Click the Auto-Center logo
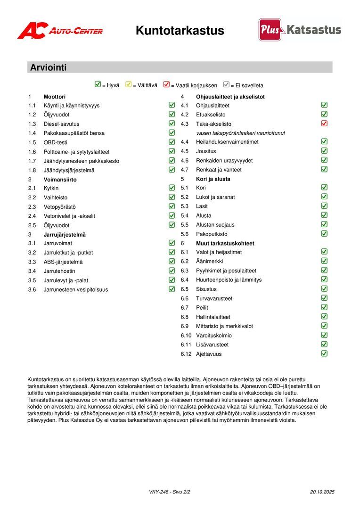coord(60,31)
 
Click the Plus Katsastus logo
coord(299,30)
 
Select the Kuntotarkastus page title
coord(180,31)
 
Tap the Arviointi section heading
coord(49,67)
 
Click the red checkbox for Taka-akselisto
coord(324,123)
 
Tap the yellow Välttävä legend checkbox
coord(128,85)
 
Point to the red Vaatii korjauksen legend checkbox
coord(166,85)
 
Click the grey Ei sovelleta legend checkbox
coord(226,85)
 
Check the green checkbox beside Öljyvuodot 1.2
coord(172,114)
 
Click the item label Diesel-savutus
coord(61,124)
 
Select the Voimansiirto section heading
coord(60,180)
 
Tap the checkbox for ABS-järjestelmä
coord(172,262)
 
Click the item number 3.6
coord(32,290)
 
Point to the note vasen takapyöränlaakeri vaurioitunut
coord(240,133)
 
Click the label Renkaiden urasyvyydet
coord(224,161)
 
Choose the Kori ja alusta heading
coord(213,179)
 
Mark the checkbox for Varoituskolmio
coord(324,335)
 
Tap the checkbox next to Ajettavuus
coord(324,353)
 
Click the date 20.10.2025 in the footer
coord(322,492)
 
